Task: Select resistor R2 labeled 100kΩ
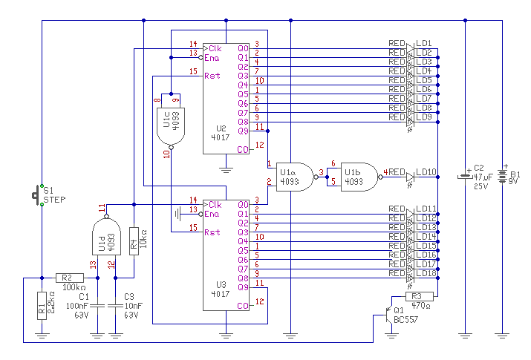tap(70, 278)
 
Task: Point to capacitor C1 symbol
tap(97, 303)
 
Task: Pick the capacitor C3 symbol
tap(116, 303)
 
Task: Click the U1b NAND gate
tap(359, 176)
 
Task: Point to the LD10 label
tap(426, 173)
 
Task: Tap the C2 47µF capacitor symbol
tap(465, 177)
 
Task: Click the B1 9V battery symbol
tap(504, 177)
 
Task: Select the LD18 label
tap(426, 273)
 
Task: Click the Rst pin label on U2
tap(212, 76)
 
